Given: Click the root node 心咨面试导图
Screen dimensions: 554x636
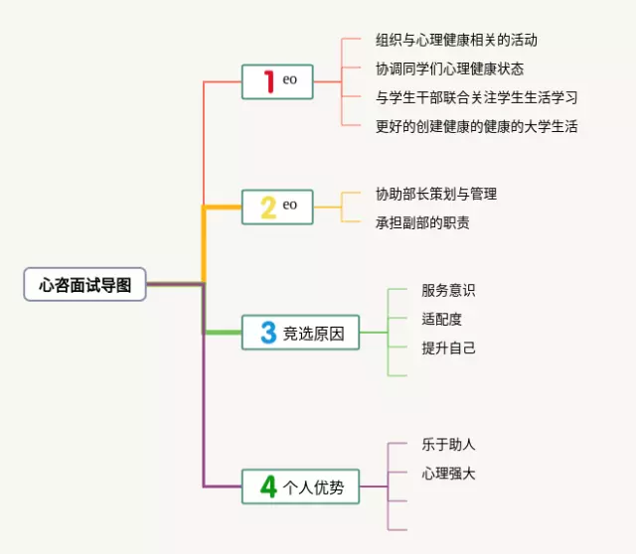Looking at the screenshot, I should click(x=84, y=284).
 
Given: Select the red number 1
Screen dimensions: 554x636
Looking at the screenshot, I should click(x=267, y=82).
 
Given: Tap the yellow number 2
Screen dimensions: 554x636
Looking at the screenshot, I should click(x=267, y=208).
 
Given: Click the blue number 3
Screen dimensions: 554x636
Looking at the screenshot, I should click(x=267, y=333).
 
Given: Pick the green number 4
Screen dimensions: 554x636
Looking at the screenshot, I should click(x=268, y=486).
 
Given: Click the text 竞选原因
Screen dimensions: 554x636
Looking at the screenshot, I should click(x=313, y=334).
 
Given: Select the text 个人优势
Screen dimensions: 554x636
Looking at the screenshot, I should click(x=313, y=487).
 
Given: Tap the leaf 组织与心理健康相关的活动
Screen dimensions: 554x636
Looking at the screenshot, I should click(x=457, y=40).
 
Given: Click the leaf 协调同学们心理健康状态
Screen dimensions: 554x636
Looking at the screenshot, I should click(x=449, y=69).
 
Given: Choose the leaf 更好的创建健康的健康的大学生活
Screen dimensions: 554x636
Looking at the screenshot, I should click(x=477, y=126).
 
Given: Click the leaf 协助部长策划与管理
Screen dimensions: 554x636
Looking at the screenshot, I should click(x=435, y=194).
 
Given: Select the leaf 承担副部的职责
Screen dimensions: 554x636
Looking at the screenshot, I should click(x=422, y=222).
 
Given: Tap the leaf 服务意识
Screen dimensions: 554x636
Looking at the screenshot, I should click(x=448, y=291).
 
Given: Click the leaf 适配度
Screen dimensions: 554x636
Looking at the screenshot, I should click(x=441, y=320).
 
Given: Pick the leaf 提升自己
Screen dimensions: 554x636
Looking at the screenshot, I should click(x=448, y=348).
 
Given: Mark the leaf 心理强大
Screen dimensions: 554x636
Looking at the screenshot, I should click(x=448, y=474).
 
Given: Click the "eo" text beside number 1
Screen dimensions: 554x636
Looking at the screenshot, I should click(x=290, y=79).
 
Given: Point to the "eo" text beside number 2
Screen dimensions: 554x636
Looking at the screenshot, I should click(x=290, y=205).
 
